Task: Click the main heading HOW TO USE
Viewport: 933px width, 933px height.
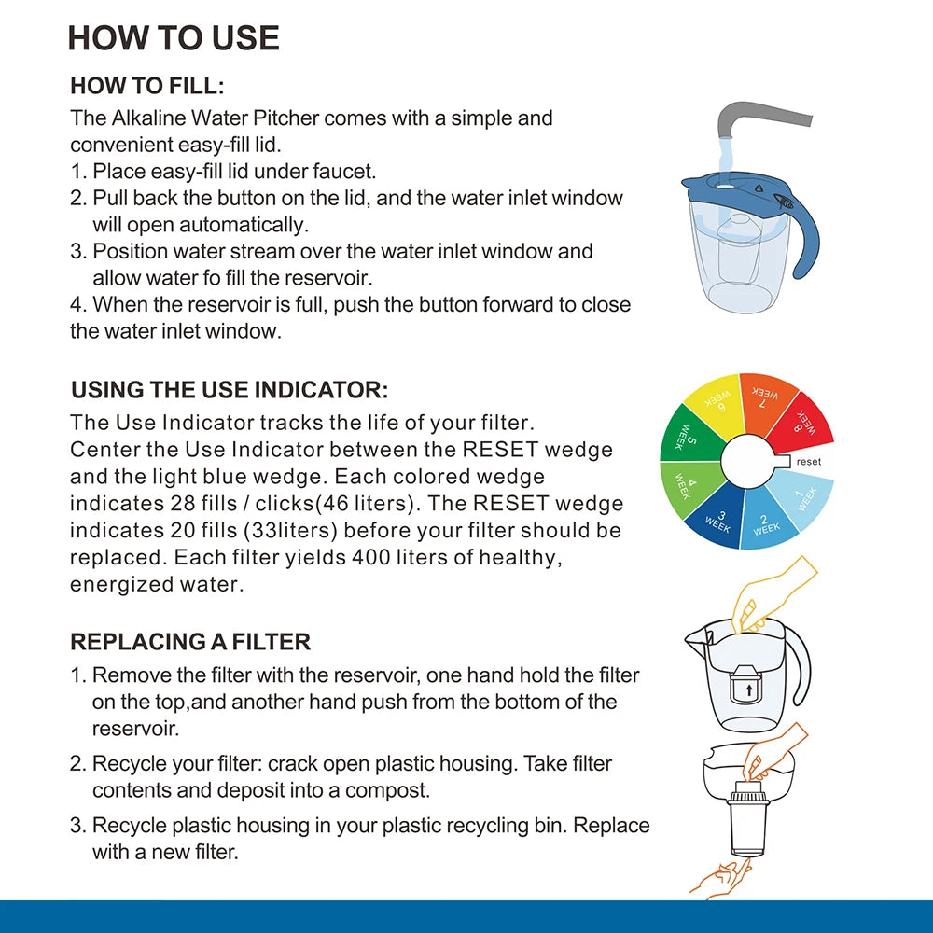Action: pos(174,38)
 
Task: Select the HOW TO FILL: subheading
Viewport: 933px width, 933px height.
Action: pos(147,87)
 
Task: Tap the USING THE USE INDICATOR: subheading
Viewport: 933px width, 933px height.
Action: pos(229,390)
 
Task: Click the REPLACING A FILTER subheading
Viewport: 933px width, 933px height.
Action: pos(190,642)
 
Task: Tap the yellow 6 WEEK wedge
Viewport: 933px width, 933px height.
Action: pos(716,405)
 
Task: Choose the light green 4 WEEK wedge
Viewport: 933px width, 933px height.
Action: pos(685,485)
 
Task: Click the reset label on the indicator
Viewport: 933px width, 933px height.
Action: pos(808,461)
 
